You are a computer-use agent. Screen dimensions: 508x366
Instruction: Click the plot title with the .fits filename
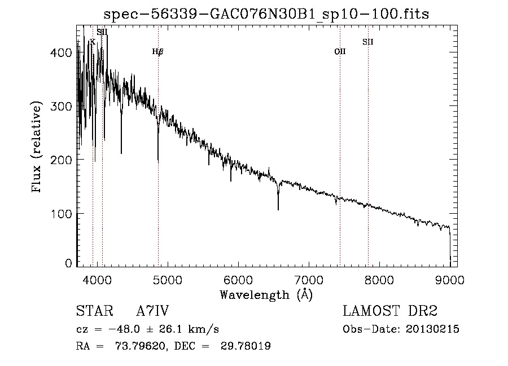[x=266, y=14]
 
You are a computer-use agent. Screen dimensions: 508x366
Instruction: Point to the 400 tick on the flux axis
[x=61, y=52]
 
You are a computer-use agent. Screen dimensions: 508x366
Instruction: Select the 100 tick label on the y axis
[x=61, y=214]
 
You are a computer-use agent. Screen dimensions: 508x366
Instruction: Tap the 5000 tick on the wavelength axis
[x=168, y=280]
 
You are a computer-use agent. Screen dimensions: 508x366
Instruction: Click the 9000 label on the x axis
[x=450, y=280]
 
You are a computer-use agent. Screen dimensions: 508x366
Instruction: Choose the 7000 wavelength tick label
[x=309, y=280]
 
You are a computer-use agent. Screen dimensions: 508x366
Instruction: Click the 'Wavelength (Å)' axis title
[x=266, y=295]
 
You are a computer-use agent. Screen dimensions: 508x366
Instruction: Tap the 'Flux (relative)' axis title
[x=36, y=147]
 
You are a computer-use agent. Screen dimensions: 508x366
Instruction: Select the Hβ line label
[x=158, y=51]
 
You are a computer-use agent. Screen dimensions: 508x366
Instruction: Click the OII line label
[x=340, y=51]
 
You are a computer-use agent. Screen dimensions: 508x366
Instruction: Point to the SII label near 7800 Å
[x=367, y=42]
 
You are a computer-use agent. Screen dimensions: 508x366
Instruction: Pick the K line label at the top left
[x=93, y=42]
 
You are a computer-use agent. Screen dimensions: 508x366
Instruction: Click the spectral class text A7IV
[x=152, y=311]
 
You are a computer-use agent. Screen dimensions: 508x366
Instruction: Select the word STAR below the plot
[x=95, y=311]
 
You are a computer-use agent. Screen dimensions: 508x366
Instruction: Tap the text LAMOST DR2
[x=390, y=311]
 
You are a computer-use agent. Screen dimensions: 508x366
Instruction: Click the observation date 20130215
[x=432, y=329]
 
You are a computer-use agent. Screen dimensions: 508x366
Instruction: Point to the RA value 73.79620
[x=139, y=346]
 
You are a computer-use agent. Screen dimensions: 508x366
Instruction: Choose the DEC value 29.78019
[x=246, y=346]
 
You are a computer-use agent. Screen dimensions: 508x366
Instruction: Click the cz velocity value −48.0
[x=124, y=329]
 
